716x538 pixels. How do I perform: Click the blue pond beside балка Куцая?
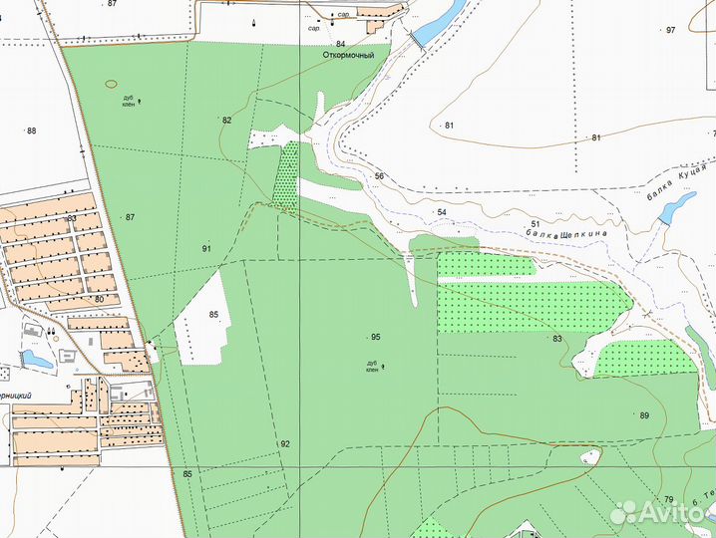(677, 206)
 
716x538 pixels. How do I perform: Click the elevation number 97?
(670, 31)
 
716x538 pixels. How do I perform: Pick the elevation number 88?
(32, 131)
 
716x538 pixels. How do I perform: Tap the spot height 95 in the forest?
(375, 337)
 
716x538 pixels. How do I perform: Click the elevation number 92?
(285, 443)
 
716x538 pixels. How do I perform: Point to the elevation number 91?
(206, 248)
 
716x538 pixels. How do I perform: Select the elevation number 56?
(379, 176)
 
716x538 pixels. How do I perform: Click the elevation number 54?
(441, 212)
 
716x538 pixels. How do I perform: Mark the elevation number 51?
(535, 224)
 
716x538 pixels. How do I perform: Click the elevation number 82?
(227, 121)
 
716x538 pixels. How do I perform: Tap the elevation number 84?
(341, 44)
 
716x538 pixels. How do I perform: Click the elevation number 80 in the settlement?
(99, 299)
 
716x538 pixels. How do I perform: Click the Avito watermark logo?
(658, 512)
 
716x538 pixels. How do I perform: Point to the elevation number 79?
(669, 499)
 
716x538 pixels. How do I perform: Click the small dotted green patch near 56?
(287, 174)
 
